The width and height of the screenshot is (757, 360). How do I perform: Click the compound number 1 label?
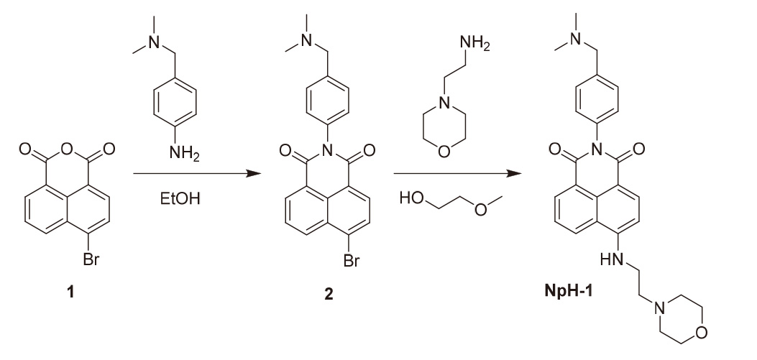pos(70,293)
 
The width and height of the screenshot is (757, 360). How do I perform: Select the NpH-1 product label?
pos(564,293)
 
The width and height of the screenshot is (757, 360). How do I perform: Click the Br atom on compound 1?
pos(90,261)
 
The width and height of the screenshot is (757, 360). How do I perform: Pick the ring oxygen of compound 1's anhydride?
pos(70,150)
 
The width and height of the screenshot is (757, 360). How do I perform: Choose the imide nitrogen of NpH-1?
pos(595,149)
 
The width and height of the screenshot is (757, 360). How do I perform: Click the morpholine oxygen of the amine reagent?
pos(445,152)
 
